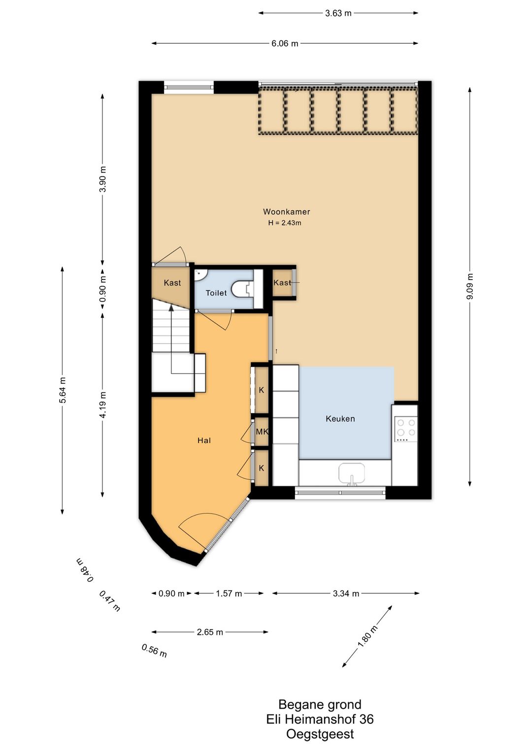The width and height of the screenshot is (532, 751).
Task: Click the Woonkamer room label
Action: tap(286, 212)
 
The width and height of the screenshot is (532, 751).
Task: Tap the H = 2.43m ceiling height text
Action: tap(285, 222)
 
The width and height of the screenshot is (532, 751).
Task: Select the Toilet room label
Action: tap(216, 293)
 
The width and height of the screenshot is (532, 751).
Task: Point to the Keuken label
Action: tap(340, 418)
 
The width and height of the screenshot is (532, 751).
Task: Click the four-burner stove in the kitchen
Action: tap(406, 429)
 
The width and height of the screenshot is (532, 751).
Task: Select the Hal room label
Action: tap(204, 440)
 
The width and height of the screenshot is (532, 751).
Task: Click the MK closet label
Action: tap(262, 432)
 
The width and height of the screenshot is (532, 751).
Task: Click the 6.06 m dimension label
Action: tap(285, 44)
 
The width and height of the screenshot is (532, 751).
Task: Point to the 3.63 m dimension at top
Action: tap(338, 13)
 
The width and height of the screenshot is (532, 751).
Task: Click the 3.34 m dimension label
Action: tap(346, 594)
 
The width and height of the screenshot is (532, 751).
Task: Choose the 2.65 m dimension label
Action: tap(210, 632)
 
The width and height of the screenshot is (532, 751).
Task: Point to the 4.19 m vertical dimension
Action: tap(103, 405)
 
